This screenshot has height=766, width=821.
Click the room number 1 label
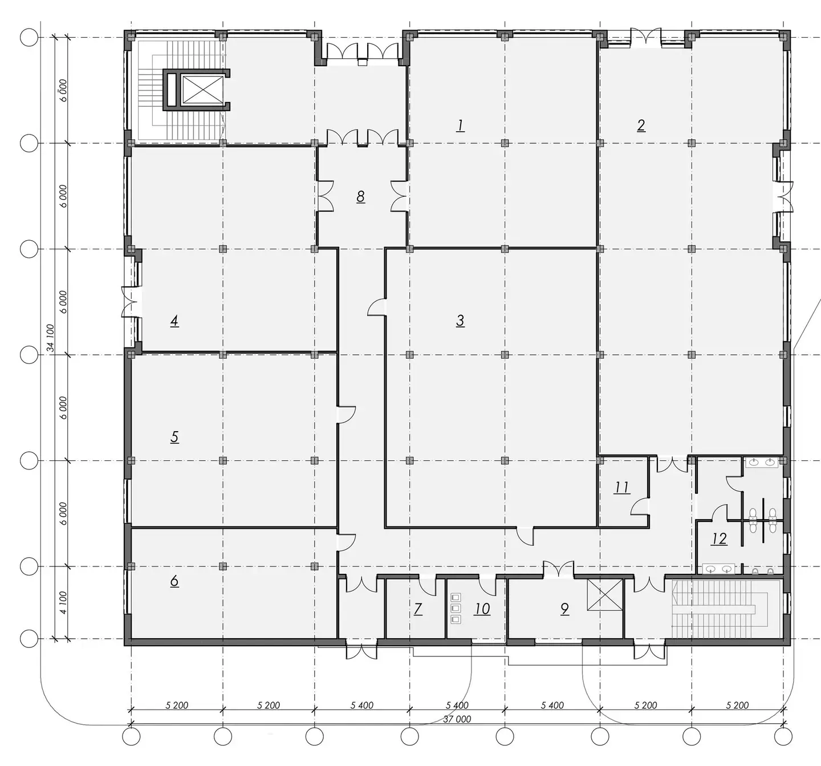click(x=460, y=125)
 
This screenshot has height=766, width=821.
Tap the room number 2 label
click(x=641, y=125)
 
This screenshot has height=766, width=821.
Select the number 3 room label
click(x=460, y=321)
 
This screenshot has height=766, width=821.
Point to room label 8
click(x=360, y=196)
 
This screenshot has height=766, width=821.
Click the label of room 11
click(x=622, y=488)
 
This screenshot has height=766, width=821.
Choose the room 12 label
click(x=719, y=539)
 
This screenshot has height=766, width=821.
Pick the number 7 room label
click(x=418, y=609)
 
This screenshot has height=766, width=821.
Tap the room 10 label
click(x=482, y=609)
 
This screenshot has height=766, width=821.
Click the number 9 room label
click(x=564, y=609)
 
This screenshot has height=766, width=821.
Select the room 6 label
click(x=174, y=581)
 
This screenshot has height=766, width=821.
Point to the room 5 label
click(x=174, y=437)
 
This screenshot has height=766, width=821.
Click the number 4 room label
click(x=174, y=321)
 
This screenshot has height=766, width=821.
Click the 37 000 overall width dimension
click(x=457, y=719)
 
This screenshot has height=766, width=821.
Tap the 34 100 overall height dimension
click(x=50, y=338)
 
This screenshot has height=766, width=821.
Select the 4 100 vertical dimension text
click(x=62, y=603)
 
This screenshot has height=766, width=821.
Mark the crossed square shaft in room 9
click(x=605, y=595)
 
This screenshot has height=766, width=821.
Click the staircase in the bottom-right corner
click(x=726, y=609)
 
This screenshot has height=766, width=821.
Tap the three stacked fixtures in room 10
click(x=456, y=608)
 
